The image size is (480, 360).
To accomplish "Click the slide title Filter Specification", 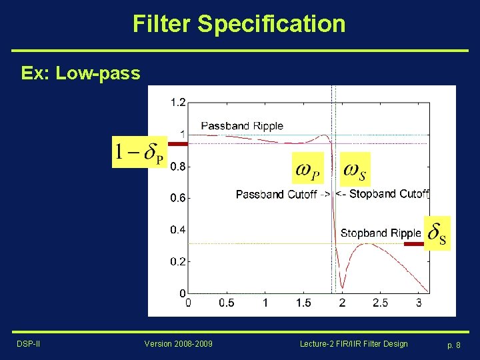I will click(239, 24).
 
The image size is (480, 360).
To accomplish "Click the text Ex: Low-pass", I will click(81, 73).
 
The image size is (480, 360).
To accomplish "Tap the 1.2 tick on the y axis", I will click(178, 103).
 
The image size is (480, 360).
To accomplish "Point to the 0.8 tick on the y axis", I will click(178, 167).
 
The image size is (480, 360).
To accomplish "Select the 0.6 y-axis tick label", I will click(178, 198).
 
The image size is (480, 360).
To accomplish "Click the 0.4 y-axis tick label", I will click(178, 230).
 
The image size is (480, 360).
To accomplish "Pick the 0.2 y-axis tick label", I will click(178, 262).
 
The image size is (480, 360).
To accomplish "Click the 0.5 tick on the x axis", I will click(227, 303).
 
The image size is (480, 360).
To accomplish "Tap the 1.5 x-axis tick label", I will click(303, 303).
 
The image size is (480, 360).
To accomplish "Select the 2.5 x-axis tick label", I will click(380, 303).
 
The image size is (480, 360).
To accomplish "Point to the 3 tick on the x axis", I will click(419, 303).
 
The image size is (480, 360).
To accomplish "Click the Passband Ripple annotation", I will click(242, 126).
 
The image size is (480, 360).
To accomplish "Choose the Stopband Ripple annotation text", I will click(381, 233).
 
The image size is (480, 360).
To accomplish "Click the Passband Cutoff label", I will click(276, 195).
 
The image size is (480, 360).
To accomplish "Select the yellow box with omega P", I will click(308, 169).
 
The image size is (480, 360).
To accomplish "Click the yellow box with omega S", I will click(355, 169).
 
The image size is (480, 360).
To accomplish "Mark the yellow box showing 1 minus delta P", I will click(139, 152).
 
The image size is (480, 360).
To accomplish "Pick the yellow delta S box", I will click(437, 233).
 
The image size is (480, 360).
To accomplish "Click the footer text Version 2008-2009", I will click(179, 343).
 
